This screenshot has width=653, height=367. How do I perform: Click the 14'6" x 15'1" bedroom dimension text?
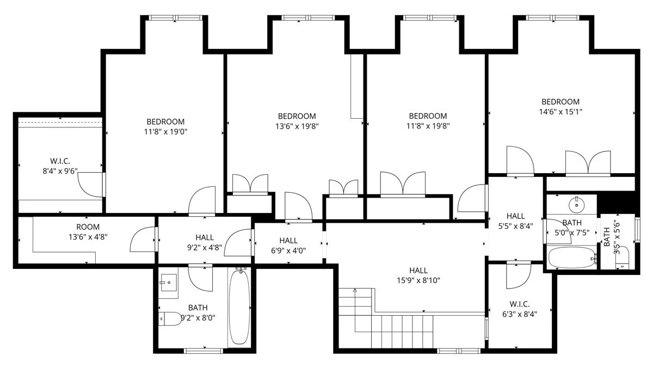click(x=560, y=112)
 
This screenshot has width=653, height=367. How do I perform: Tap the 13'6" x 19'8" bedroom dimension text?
click(x=297, y=126)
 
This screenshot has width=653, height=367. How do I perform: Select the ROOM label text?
click(x=88, y=227)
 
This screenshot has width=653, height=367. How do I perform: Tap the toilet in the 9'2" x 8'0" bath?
click(x=171, y=319)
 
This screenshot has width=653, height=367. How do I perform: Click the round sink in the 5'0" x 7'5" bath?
click(x=576, y=205)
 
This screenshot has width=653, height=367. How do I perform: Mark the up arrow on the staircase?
click(x=355, y=291)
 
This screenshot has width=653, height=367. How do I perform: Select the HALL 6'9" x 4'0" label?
click(x=288, y=246)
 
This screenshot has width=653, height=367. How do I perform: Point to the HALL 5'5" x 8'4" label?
click(x=515, y=221)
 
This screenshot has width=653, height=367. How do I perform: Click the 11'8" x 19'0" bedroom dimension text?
click(x=165, y=126)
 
